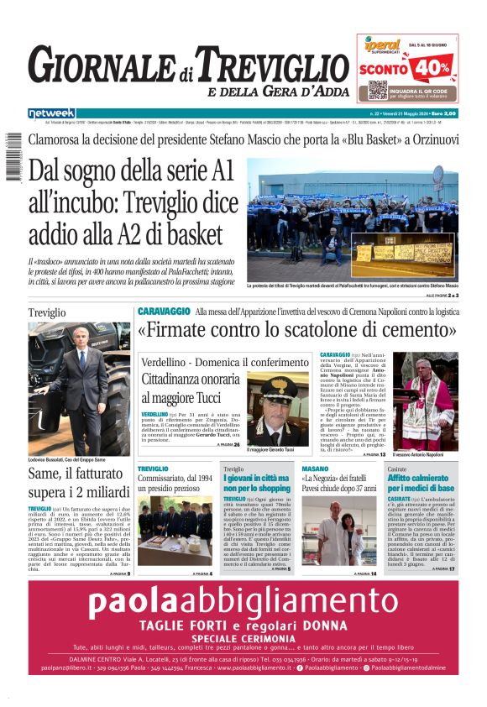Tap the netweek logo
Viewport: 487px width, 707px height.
51,113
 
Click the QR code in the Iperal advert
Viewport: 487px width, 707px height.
378,90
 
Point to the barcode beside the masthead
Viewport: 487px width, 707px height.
13,159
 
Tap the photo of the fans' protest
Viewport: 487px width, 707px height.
353,220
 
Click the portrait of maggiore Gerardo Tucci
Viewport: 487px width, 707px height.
279,411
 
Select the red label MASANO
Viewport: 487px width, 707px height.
315,469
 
